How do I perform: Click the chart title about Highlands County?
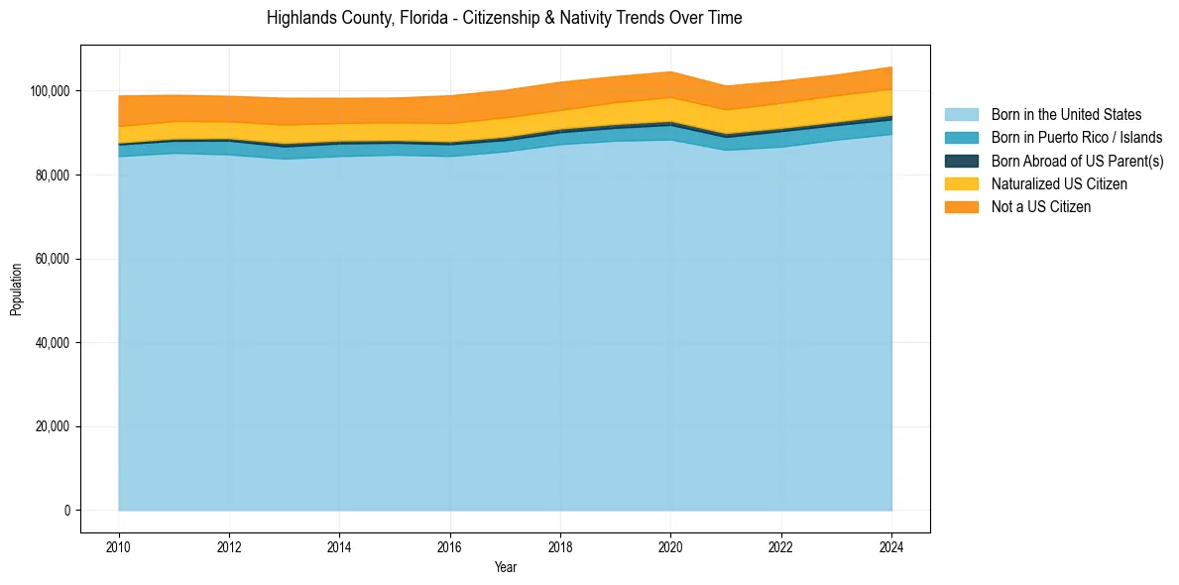504,18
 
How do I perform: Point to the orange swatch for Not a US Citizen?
961,206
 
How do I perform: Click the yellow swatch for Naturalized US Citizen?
961,183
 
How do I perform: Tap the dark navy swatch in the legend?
961,161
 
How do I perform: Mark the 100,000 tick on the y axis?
52,91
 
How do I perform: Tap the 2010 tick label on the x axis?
119,546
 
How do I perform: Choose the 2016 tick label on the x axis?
450,546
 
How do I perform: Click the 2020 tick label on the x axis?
671,546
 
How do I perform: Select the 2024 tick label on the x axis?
891,546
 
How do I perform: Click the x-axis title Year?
505,568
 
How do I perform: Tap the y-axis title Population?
16,290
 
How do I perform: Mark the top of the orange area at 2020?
671,71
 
